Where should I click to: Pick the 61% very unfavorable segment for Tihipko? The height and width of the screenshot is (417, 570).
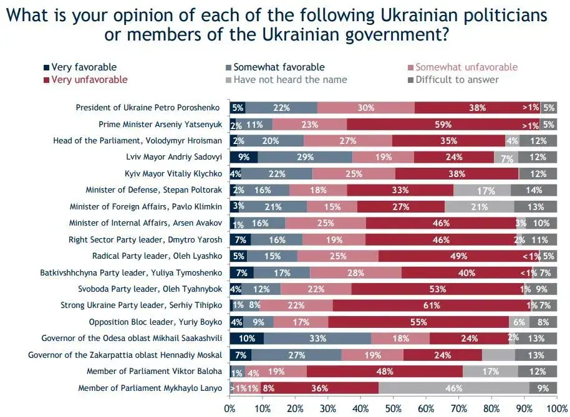click(x=429, y=305)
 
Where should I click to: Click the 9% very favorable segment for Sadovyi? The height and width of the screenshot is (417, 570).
click(x=244, y=157)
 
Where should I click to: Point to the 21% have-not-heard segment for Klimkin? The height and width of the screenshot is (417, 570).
click(x=479, y=206)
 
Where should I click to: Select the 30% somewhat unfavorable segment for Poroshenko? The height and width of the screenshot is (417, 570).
click(x=365, y=108)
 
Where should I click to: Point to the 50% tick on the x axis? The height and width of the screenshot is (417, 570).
click(x=394, y=408)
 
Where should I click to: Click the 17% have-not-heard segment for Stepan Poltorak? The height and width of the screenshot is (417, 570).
click(x=481, y=190)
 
